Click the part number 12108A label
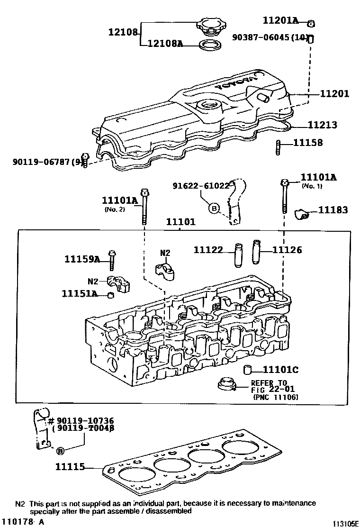click(165, 44)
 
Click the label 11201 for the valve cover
click(334, 94)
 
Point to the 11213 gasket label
click(322, 125)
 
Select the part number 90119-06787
click(41, 162)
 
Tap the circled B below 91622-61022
click(214, 208)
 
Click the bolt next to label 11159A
click(112, 259)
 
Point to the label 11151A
click(79, 294)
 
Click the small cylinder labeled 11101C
click(247, 370)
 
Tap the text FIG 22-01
click(269, 390)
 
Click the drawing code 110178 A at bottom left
click(23, 521)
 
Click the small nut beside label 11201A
click(311, 23)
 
